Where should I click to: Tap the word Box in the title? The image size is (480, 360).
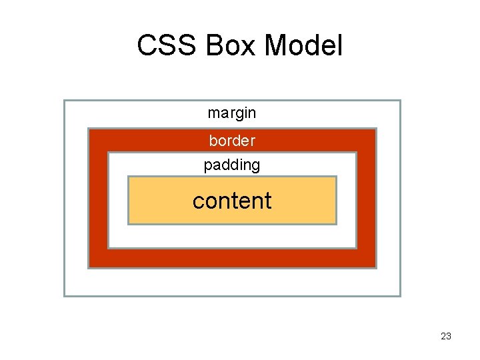coord(225,46)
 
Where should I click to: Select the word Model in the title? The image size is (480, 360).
coord(303,46)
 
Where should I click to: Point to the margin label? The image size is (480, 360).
coord(231,113)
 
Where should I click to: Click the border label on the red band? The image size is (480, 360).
coord(231,141)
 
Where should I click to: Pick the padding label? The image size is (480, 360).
coord(231,165)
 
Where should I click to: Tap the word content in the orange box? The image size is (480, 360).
coord(232,201)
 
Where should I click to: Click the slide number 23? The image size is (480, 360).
coord(446,336)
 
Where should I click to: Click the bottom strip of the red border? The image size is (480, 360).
coord(232,259)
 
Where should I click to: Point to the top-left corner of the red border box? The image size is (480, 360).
coord(89,129)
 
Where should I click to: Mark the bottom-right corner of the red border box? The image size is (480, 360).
coord(376,267)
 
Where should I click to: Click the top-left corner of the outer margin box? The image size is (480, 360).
coord(64,101)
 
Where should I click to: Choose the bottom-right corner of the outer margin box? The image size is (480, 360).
coord(400,295)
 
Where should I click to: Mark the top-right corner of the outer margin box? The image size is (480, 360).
coord(400,101)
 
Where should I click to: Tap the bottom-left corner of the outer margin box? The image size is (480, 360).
coord(64,295)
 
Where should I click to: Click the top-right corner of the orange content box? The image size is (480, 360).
coord(336,177)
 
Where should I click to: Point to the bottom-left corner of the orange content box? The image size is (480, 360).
coord(128,223)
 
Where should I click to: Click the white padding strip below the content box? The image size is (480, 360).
coord(232,236)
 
